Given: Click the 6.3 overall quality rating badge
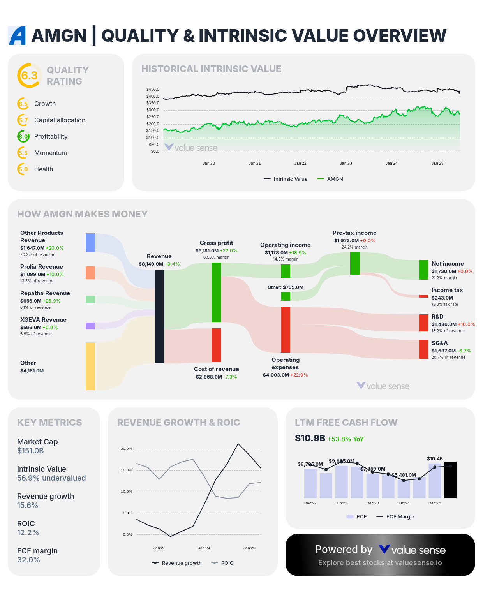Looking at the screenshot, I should [29, 76].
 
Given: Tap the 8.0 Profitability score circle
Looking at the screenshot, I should [23, 136].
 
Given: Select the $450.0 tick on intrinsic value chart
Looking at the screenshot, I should [153, 89].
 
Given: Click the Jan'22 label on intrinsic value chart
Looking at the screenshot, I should [300, 163].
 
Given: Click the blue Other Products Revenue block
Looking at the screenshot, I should [90, 243].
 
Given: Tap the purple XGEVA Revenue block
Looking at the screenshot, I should [90, 326].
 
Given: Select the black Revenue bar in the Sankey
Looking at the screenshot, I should [159, 316].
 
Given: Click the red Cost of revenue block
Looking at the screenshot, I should [217, 345].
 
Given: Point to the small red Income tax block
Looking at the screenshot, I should [424, 296].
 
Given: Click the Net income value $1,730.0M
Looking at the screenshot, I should [444, 271].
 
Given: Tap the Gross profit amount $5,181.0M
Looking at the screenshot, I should [207, 251].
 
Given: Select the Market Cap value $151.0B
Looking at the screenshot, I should [30, 451].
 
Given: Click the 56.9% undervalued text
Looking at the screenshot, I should [51, 478].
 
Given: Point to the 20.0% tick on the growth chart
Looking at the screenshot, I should [127, 449].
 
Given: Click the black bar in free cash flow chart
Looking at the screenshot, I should [450, 480].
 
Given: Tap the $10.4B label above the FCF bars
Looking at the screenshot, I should [435, 459].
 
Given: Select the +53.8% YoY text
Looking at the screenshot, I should [346, 439].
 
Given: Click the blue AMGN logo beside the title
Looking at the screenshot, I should [17, 35].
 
